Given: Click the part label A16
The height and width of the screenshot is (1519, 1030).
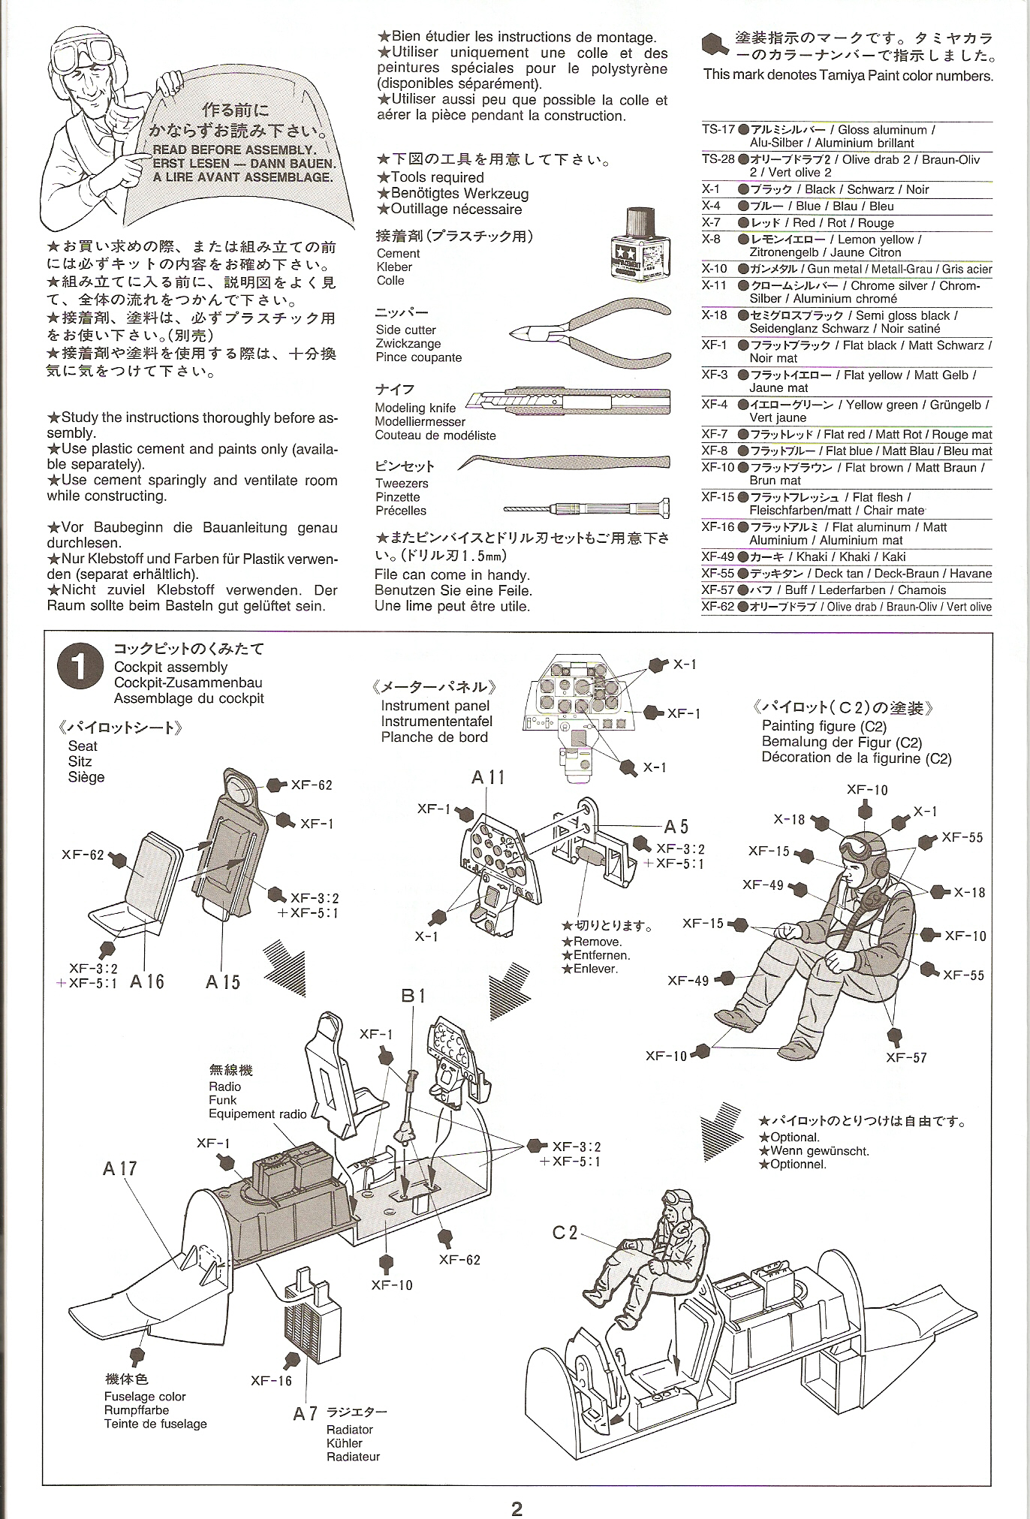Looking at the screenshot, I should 147,981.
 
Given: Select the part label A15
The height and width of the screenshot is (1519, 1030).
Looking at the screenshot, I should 222,981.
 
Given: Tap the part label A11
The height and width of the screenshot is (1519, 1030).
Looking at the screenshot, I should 488,778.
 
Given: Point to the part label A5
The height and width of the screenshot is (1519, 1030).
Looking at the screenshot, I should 676,827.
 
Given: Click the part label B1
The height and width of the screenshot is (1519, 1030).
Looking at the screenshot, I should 414,996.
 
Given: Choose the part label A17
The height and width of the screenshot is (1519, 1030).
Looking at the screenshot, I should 120,1168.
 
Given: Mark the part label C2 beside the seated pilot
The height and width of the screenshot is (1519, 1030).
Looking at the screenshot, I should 565,1232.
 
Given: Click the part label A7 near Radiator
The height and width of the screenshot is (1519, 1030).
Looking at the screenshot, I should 306,1414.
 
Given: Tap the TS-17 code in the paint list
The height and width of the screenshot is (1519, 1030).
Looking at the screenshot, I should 718,129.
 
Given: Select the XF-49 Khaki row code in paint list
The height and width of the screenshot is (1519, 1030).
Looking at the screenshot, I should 718,556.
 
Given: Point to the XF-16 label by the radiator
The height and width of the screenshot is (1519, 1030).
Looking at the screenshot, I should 271,1380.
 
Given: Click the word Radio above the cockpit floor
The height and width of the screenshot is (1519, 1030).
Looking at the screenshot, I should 224,1087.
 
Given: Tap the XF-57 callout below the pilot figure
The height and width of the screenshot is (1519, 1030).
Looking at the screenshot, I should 906,1057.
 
